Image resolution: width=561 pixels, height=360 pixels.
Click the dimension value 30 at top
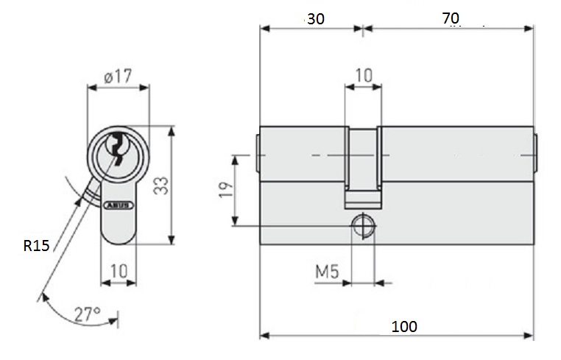[316, 19]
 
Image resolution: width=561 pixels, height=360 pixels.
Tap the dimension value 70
[451, 18]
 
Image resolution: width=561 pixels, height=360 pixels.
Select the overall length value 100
[404, 326]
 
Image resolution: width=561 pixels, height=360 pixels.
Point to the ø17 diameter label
[118, 77]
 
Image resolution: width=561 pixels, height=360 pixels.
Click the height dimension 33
[161, 186]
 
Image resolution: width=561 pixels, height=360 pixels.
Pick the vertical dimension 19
[225, 190]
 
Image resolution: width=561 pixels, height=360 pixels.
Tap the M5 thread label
[327, 272]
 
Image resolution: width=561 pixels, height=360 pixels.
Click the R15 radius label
[36, 246]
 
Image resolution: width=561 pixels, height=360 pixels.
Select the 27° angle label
[88, 314]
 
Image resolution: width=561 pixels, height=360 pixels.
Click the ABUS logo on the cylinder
[119, 205]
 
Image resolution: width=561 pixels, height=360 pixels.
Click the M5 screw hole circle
[363, 226]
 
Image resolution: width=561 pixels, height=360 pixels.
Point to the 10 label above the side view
[364, 75]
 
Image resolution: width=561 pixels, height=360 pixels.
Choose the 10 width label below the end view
[119, 271]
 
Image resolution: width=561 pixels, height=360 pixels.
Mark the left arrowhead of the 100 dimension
[264, 335]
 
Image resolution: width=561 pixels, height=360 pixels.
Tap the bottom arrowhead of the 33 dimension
[172, 239]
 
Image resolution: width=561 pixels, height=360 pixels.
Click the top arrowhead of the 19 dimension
[235, 160]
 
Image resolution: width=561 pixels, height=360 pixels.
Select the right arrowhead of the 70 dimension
[529, 28]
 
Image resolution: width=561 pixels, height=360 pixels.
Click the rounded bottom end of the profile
[119, 236]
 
